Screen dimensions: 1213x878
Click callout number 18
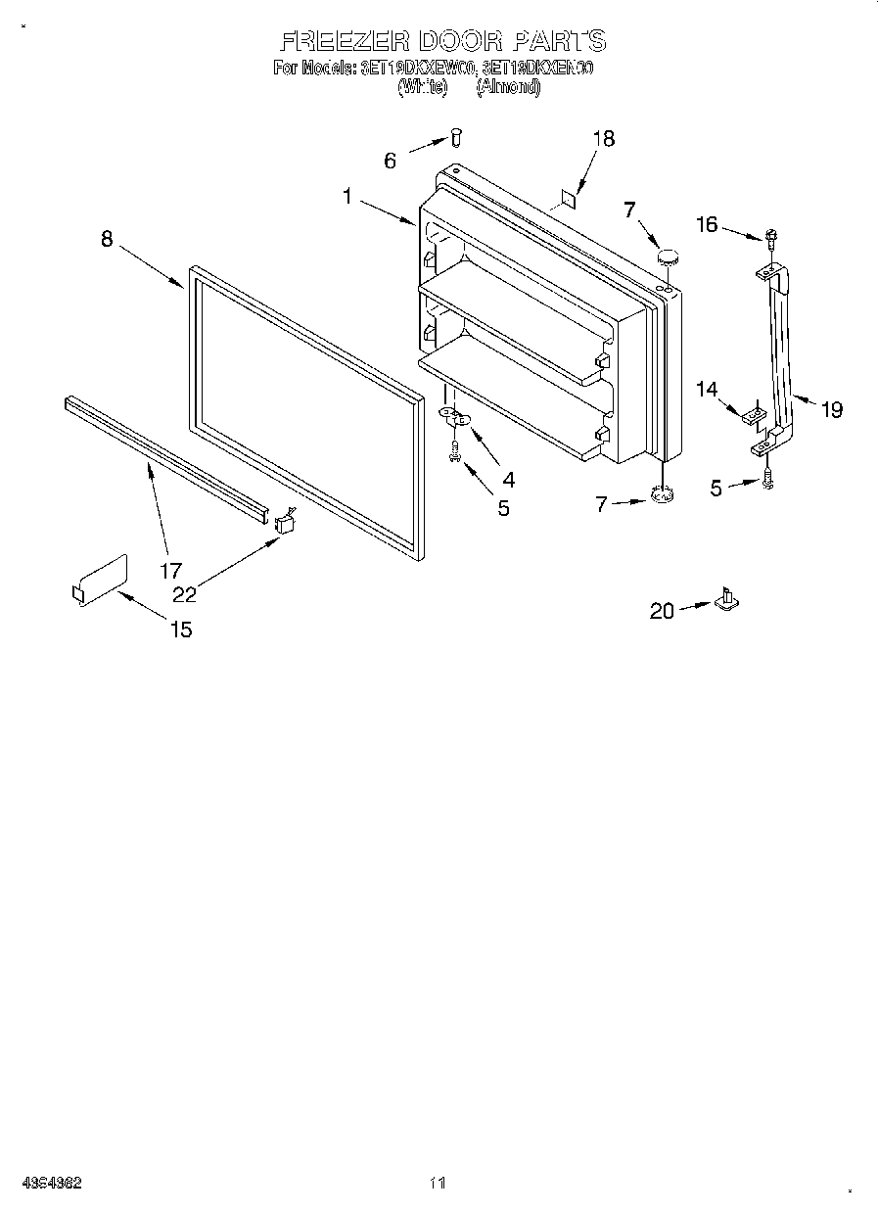pos(603,139)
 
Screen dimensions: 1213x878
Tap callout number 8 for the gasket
pos(107,238)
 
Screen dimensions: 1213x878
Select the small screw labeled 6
pos(456,137)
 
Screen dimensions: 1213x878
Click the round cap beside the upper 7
pos(668,257)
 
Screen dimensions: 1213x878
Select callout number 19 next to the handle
pos(831,410)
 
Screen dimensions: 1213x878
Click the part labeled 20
pos(727,598)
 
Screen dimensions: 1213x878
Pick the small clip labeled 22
pos(286,522)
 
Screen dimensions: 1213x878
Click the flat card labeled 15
pos(101,582)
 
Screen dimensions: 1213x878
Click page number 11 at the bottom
pos(438,1184)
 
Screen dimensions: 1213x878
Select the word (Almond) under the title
pos(508,87)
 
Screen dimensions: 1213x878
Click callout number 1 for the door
pos(347,196)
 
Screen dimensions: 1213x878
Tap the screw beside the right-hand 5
pos(768,481)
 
